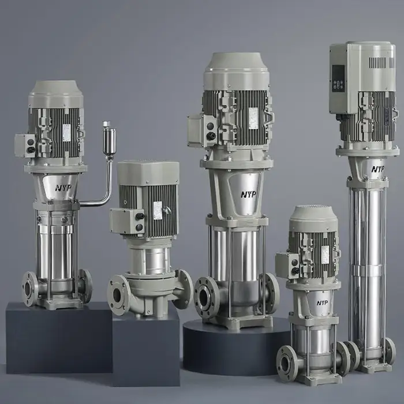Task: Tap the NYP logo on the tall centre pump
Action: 249,194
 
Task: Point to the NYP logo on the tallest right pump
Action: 377,169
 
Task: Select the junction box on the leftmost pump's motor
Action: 25,145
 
